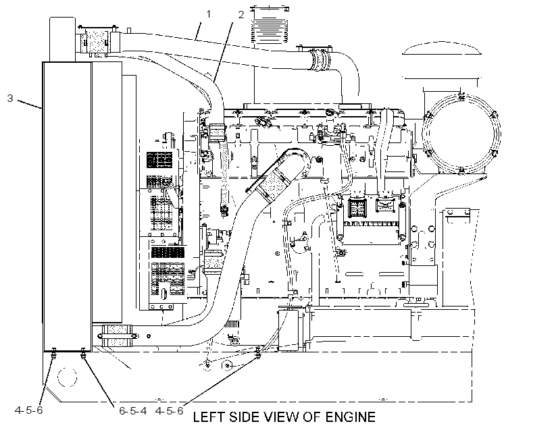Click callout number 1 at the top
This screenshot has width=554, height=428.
click(209, 14)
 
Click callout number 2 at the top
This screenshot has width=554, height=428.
click(241, 15)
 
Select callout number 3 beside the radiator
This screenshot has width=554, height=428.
click(10, 98)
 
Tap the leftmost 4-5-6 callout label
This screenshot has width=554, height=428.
click(28, 410)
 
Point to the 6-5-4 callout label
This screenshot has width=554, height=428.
click(133, 411)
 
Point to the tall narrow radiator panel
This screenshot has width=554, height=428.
click(67, 207)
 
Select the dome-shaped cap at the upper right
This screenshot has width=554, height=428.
click(442, 49)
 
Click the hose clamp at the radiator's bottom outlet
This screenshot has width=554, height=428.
click(117, 336)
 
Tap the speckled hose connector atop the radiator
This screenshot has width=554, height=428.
click(95, 41)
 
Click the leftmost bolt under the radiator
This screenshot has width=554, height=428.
click(53, 354)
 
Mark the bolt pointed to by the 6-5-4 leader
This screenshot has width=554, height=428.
click(83, 354)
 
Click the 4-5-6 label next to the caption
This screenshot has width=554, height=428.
click(169, 411)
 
